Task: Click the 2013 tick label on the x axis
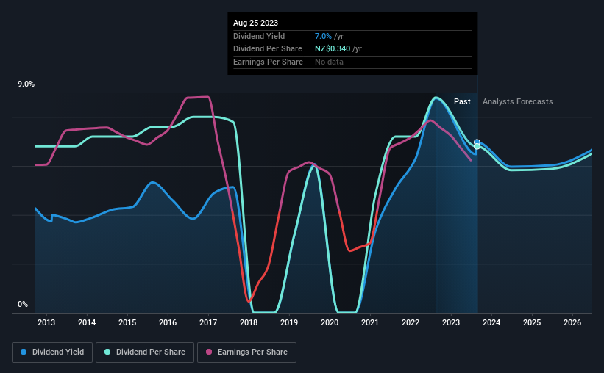point(46,322)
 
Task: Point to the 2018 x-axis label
point(249,322)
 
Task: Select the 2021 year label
point(370,322)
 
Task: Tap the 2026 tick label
point(572,322)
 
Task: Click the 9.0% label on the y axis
point(26,84)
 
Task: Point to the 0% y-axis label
point(23,304)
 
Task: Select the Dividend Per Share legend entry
point(147,352)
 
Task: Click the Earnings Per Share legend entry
point(246,352)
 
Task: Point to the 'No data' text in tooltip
point(328,62)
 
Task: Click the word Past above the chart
point(462,101)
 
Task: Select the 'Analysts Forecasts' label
point(517,101)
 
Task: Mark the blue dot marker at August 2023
point(477,142)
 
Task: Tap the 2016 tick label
point(168,322)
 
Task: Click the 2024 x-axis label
point(491,322)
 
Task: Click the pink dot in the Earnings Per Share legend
point(209,352)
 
